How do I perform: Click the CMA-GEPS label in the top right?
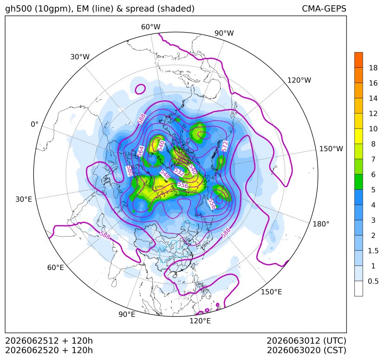pyautogui.click(x=324, y=9)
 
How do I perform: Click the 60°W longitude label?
pyautogui.click(x=150, y=27)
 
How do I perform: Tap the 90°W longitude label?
pyautogui.click(x=224, y=33)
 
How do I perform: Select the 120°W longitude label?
pyautogui.click(x=299, y=80)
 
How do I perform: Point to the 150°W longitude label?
pyautogui.click(x=331, y=149)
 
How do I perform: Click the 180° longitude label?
pyautogui.click(x=321, y=224)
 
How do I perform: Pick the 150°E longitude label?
pyautogui.click(x=271, y=292)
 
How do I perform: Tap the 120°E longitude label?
pyautogui.click(x=200, y=321)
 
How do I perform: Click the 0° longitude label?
pyautogui.click(x=34, y=124)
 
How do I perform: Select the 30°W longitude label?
pyautogui.click(x=80, y=57)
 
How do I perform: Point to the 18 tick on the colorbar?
pyautogui.click(x=373, y=68)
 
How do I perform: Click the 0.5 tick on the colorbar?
pyautogui.click(x=373, y=281)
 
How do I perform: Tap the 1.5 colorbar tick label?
pyautogui.click(x=373, y=251)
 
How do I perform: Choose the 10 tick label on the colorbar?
pyautogui.click(x=373, y=129)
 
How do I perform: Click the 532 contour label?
pyautogui.click(x=179, y=172)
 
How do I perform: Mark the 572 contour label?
pyautogui.click(x=225, y=146)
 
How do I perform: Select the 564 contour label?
pyautogui.click(x=141, y=152)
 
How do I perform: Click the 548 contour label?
pyautogui.click(x=164, y=174)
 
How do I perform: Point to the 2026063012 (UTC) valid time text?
pyautogui.click(x=306, y=341)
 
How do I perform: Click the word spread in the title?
pyautogui.click(x=140, y=9)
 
